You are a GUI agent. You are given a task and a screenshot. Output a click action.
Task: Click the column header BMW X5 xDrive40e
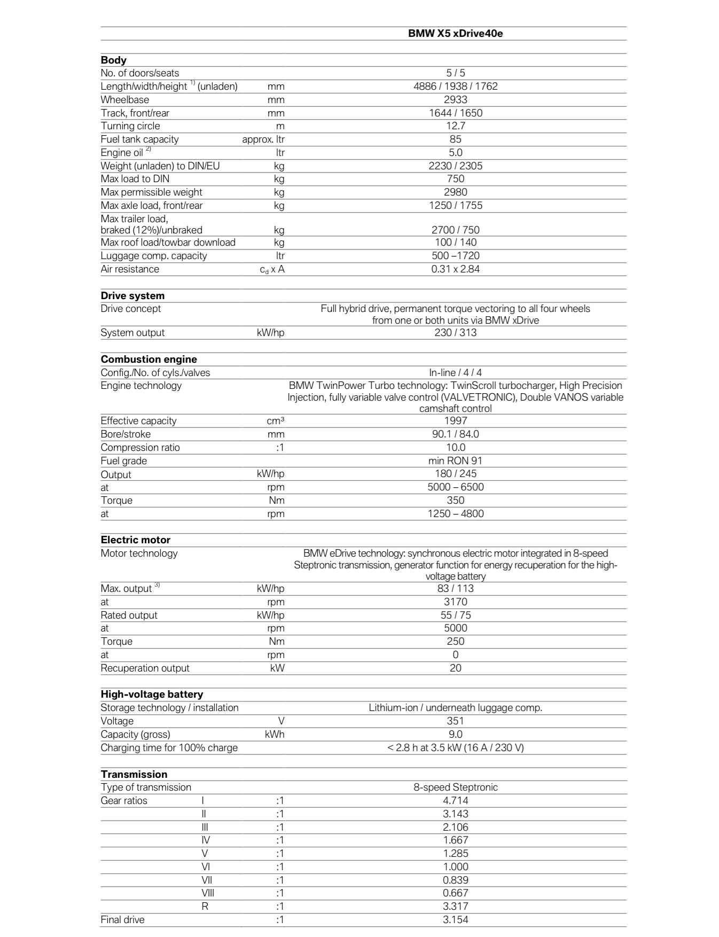click(x=455, y=34)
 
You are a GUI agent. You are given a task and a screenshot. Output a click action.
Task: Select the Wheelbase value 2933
click(x=455, y=100)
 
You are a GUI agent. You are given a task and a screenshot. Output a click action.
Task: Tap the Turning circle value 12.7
click(x=455, y=126)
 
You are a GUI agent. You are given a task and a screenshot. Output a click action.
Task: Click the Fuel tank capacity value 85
click(x=455, y=139)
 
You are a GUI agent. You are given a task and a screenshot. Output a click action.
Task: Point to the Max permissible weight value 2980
click(x=455, y=192)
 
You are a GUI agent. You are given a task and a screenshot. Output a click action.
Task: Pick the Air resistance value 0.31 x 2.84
click(x=455, y=269)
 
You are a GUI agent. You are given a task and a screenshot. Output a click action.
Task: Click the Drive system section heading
click(x=132, y=296)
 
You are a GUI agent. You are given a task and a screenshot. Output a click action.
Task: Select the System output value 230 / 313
click(x=455, y=333)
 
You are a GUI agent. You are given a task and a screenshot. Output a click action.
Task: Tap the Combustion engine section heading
click(x=149, y=360)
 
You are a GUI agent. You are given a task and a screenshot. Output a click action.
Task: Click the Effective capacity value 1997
click(x=455, y=421)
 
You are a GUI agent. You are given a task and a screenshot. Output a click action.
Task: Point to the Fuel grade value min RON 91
click(x=455, y=461)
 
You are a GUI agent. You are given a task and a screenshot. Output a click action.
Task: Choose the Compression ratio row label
click(x=140, y=448)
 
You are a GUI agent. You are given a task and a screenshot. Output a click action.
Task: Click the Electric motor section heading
click(x=135, y=540)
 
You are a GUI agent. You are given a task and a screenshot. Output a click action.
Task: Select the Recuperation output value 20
click(x=455, y=668)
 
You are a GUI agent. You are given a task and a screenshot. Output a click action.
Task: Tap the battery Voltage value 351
click(x=455, y=721)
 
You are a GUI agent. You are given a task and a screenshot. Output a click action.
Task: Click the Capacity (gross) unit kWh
click(x=275, y=735)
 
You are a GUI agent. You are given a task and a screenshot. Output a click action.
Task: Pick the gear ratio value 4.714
click(x=455, y=801)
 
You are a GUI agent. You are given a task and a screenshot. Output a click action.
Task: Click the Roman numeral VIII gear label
click(x=208, y=893)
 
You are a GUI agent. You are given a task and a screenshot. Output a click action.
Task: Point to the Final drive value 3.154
click(x=455, y=920)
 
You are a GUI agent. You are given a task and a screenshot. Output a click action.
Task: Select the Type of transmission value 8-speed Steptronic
click(x=455, y=787)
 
